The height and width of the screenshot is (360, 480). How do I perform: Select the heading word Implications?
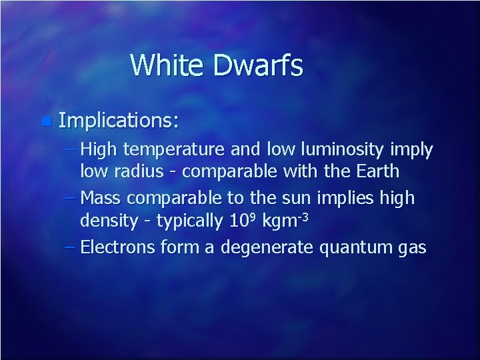pos(118,121)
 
